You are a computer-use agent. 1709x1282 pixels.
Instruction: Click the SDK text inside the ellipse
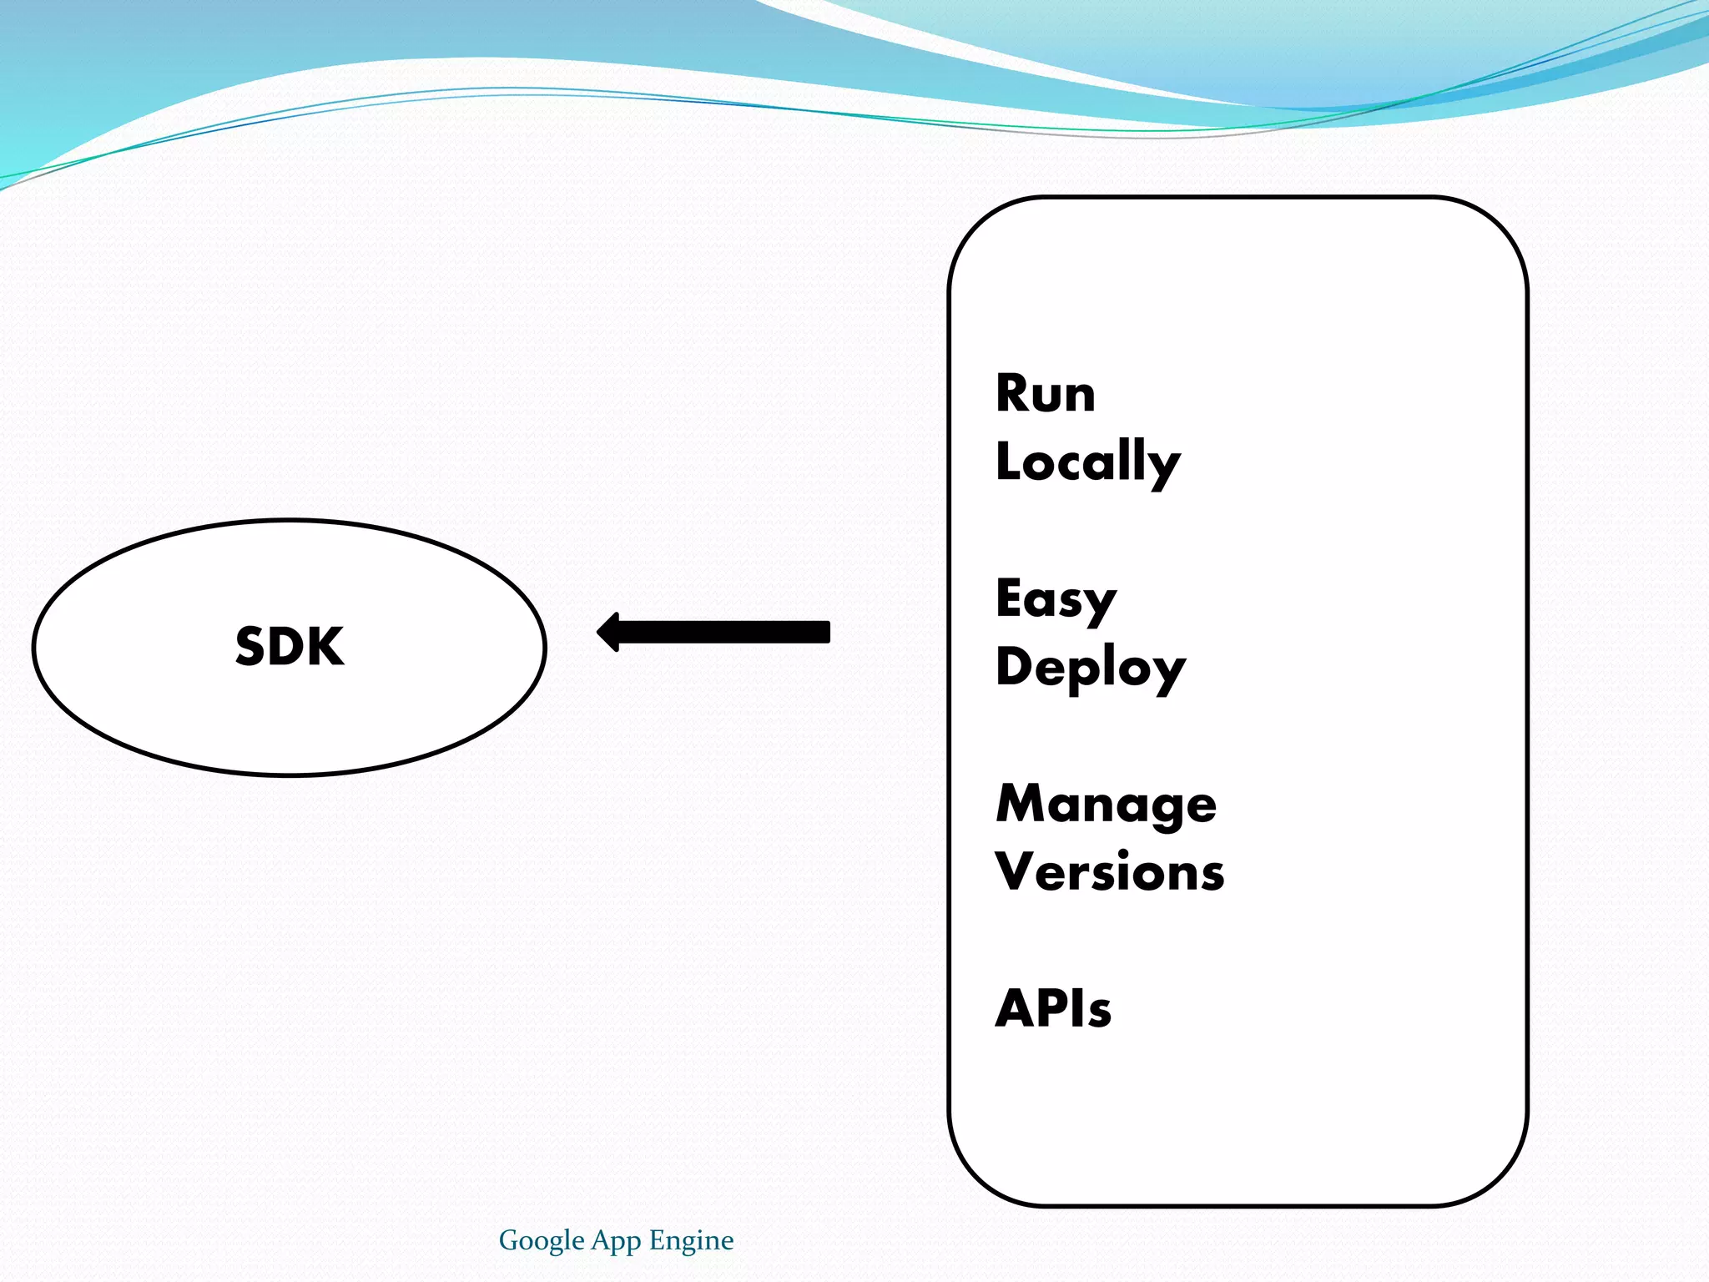[x=290, y=647]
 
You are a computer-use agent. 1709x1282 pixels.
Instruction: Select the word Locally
[x=1087, y=462]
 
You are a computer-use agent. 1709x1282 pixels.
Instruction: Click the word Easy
[x=1056, y=599]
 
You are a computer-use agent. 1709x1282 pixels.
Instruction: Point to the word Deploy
[x=1090, y=668]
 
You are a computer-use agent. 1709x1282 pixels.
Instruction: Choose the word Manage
[x=1107, y=804]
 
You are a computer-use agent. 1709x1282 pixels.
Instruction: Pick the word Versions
[x=1110, y=872]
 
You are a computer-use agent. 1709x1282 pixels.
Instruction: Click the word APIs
[x=1053, y=1008]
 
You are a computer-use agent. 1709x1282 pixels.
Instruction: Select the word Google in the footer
[x=541, y=1240]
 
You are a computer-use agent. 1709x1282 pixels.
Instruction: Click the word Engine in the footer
[x=691, y=1240]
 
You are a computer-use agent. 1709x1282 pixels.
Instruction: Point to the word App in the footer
[x=616, y=1241]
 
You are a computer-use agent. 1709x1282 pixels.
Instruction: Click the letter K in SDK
[x=325, y=647]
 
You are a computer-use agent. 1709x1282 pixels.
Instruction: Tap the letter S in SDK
[x=251, y=647]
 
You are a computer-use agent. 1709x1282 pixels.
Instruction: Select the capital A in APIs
[x=1016, y=1008]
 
